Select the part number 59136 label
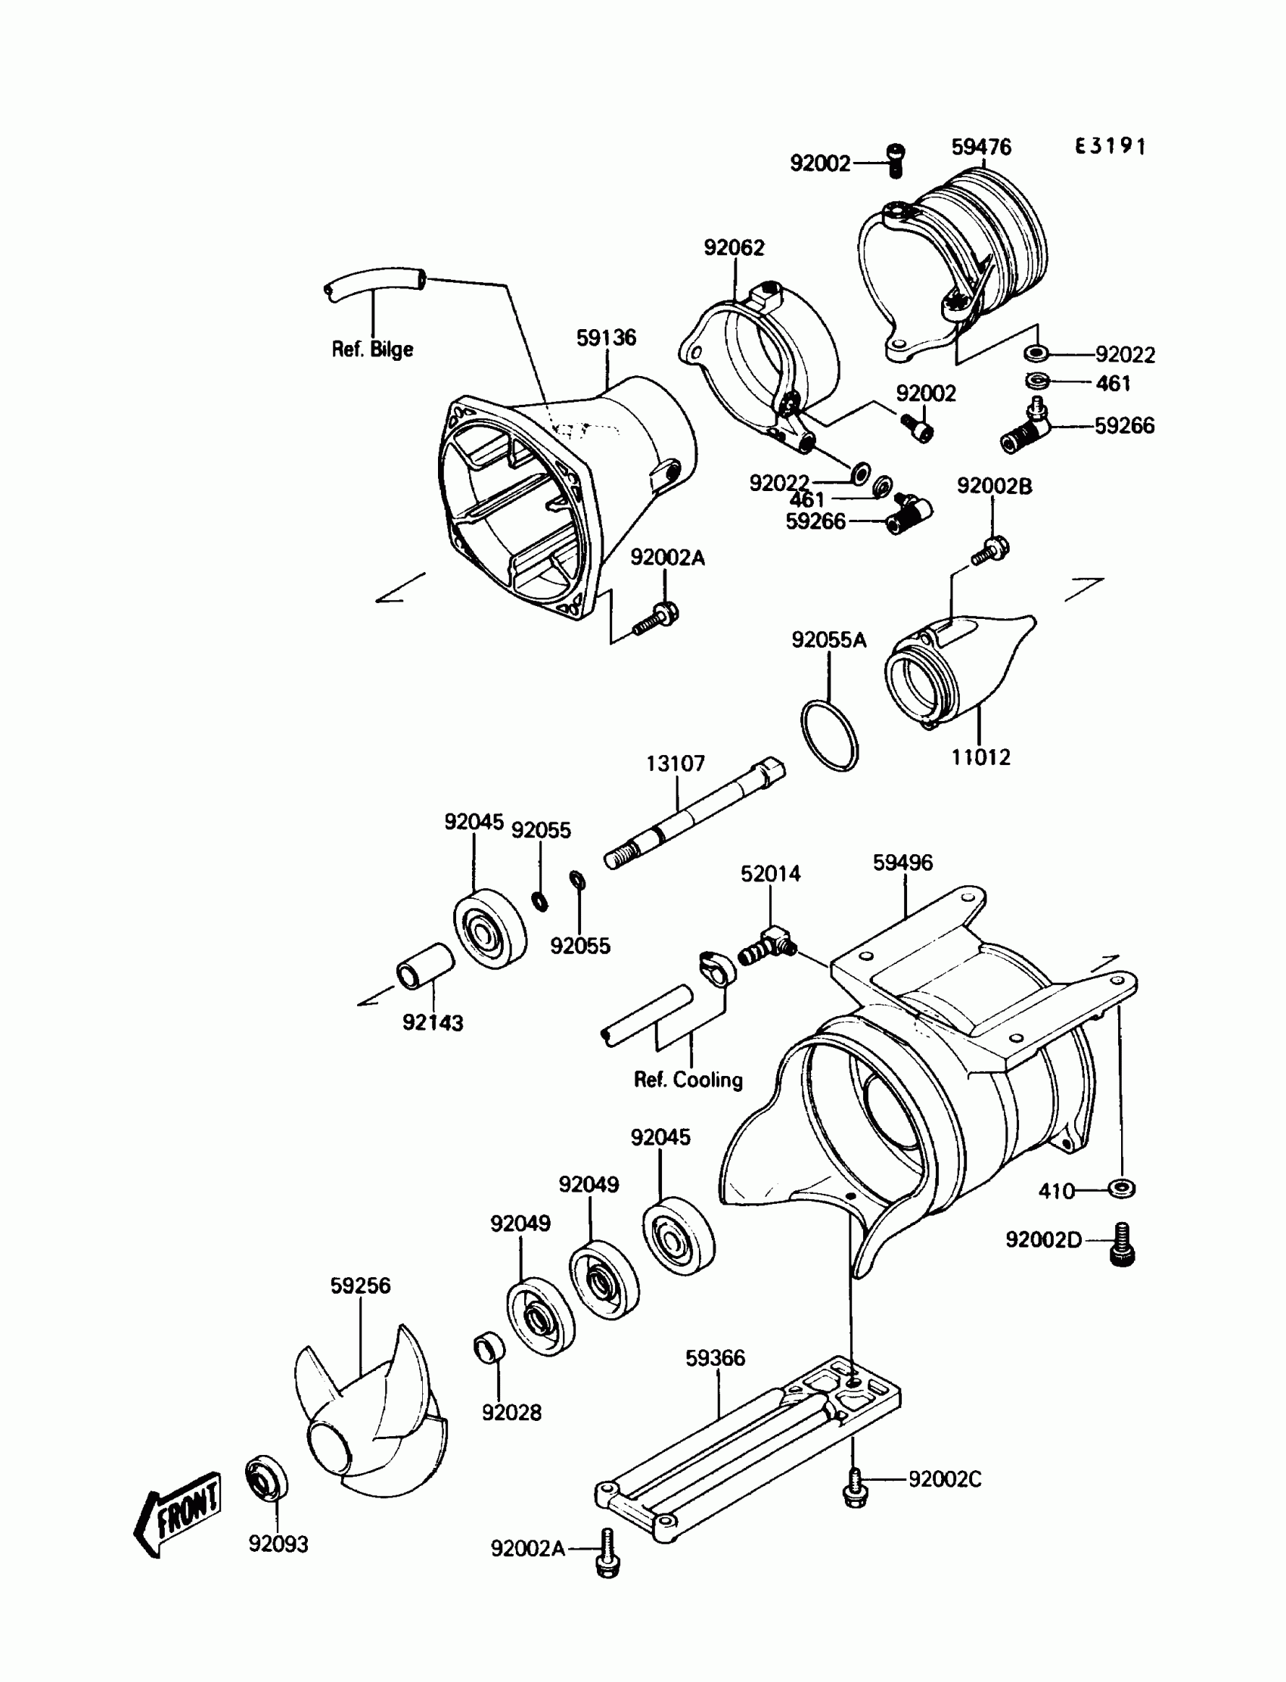(606, 337)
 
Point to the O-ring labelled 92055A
(830, 735)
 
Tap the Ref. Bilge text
(372, 349)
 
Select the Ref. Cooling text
(688, 1080)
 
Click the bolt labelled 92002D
(1123, 1242)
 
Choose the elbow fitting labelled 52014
(768, 944)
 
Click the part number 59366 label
(715, 1358)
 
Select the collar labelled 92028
(490, 1347)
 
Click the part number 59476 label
(981, 147)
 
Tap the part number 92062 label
(734, 247)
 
